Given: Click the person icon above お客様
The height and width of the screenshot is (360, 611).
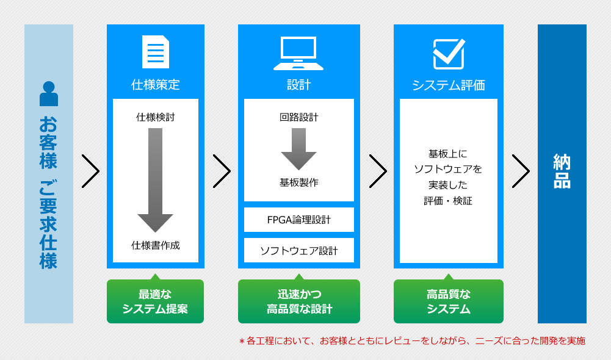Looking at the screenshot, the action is tap(49, 93).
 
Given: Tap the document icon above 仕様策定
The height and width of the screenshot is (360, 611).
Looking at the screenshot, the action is tap(156, 52).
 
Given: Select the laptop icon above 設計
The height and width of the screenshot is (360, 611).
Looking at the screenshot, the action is tap(298, 53).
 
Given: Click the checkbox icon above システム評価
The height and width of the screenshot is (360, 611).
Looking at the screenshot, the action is tap(449, 54).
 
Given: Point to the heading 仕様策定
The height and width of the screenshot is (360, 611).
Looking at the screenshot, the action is tap(156, 85).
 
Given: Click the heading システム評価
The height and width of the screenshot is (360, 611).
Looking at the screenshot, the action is tap(449, 85).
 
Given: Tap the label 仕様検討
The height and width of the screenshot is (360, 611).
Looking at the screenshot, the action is tap(156, 117).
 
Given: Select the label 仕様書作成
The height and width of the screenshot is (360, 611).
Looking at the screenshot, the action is tap(156, 245).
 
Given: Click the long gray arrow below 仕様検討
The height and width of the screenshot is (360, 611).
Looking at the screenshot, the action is tap(155, 180).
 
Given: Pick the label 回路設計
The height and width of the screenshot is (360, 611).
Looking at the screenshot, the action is tap(299, 117).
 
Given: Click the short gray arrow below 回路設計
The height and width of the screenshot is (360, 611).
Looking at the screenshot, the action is tap(298, 149).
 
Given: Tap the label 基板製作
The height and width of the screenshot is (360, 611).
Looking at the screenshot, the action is tap(299, 182).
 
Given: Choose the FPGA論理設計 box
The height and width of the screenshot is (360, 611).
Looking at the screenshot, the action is tap(299, 220).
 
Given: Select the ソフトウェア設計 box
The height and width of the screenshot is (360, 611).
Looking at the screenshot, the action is tap(299, 250).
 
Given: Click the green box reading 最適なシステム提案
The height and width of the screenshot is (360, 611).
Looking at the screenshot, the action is tap(155, 301).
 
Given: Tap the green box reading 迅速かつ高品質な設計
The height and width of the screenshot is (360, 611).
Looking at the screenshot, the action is tap(299, 301).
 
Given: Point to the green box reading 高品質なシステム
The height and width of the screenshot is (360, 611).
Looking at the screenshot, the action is tap(449, 301).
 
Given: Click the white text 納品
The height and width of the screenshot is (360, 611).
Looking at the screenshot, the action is tap(562, 171).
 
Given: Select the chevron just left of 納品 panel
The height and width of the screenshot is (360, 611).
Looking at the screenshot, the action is tap(521, 171).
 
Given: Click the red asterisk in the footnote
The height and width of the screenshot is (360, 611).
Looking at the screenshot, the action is tap(242, 342).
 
